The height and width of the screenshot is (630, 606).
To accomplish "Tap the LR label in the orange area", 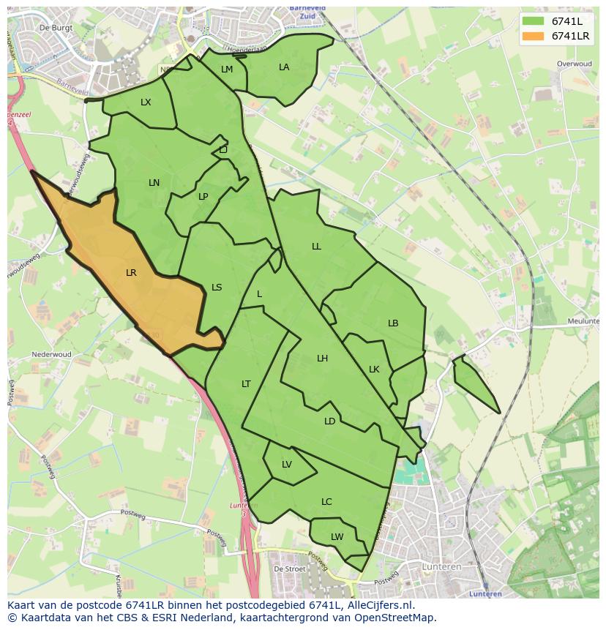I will tap(131, 273).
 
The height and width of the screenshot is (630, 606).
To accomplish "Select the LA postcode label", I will tap(284, 67).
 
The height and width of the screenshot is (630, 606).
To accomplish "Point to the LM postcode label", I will tap(227, 70).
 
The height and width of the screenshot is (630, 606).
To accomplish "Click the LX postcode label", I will tap(146, 102).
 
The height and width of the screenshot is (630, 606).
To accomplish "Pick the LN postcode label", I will tap(154, 183).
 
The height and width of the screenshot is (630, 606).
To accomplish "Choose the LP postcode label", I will tap(203, 197).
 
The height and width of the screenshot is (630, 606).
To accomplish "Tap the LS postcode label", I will tap(217, 288).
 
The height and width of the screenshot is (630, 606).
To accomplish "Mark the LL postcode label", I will tap(316, 247).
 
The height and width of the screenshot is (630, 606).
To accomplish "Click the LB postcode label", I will tap(393, 323).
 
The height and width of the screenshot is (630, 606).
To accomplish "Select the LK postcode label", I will tap(374, 370).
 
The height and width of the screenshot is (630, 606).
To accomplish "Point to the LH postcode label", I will tap(322, 359).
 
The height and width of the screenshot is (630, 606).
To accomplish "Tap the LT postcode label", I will tap(246, 384).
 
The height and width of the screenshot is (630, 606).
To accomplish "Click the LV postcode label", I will tap(287, 465).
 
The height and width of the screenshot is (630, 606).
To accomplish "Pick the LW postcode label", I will tap(337, 537).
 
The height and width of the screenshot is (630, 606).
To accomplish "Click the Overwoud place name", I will tap(574, 64).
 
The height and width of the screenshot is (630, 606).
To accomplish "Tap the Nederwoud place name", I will tap(51, 355).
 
